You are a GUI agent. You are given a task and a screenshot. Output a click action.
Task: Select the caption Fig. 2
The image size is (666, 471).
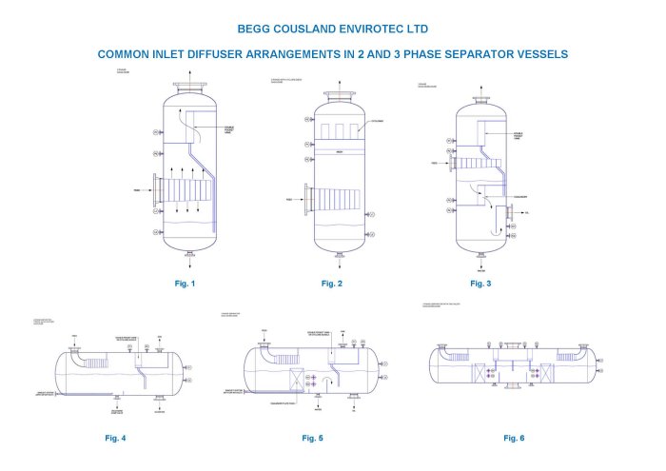pyautogui.click(x=331, y=284)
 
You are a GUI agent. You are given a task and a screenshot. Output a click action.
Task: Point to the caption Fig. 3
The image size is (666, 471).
pyautogui.click(x=480, y=284)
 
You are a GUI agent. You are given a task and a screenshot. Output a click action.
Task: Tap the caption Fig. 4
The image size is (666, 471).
pyautogui.click(x=115, y=438)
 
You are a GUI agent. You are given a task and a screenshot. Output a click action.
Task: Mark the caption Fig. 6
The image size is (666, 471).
pyautogui.click(x=514, y=438)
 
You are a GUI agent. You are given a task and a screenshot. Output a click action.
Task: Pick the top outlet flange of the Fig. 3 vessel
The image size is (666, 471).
pyautogui.click(x=480, y=98)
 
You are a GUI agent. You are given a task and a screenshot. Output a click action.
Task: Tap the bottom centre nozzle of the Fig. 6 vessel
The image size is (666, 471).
pyautogui.click(x=514, y=384)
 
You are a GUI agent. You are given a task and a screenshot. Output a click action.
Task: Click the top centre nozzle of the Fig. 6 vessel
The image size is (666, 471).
pyautogui.click(x=514, y=345)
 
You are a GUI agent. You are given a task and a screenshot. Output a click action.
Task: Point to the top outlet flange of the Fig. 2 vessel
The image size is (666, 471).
pyautogui.click(x=340, y=95)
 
